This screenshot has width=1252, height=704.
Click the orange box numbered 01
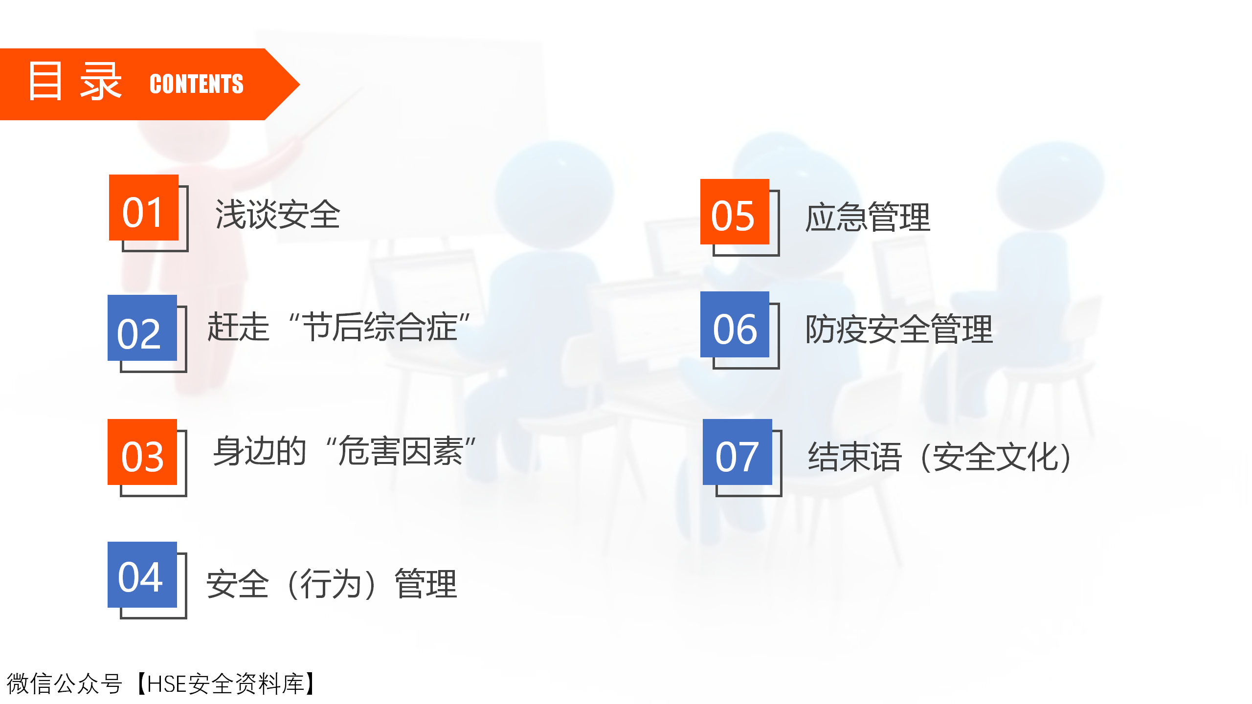[x=144, y=207]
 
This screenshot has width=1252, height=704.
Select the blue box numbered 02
[x=142, y=328]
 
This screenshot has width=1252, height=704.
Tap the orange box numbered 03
[x=142, y=452]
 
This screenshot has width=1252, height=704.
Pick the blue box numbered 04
[x=142, y=574]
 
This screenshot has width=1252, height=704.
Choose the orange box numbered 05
[x=735, y=212]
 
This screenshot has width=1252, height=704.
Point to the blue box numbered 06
[x=735, y=325]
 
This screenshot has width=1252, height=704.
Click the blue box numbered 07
[x=738, y=452]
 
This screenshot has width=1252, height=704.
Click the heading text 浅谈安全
[x=277, y=215]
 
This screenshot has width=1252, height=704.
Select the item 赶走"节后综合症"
[x=338, y=327]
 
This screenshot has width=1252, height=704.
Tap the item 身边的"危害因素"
[x=344, y=451]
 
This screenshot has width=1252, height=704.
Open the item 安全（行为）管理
[x=332, y=584]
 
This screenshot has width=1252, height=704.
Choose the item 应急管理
[x=868, y=217]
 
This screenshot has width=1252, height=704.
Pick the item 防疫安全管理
[x=899, y=329]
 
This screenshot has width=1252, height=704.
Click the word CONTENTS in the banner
[x=197, y=84]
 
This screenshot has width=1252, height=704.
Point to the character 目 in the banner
[x=45, y=81]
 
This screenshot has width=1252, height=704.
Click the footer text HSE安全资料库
[x=225, y=683]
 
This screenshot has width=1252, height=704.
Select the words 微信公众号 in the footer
[x=64, y=683]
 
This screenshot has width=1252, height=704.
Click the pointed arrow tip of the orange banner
[x=299, y=85]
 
